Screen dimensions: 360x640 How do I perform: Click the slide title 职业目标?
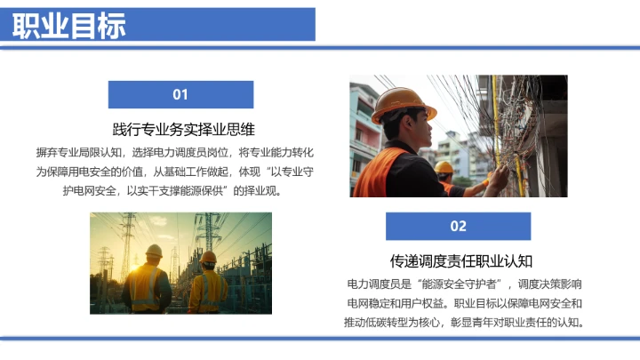coord(69,25)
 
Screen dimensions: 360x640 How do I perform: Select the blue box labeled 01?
coord(180,94)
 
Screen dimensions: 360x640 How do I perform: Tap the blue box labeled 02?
coord(458,226)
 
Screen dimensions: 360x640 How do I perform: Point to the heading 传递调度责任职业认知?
coord(461,260)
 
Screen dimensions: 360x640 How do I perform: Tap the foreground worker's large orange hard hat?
coord(402,102)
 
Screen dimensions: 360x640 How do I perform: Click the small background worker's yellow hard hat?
coord(444,167)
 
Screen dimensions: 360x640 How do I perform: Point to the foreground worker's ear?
coord(402,132)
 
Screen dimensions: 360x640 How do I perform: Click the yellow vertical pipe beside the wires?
coord(497,124)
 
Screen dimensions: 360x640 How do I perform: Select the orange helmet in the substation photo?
coord(208,257)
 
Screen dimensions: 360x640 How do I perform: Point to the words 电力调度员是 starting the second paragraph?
coord(375,284)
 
